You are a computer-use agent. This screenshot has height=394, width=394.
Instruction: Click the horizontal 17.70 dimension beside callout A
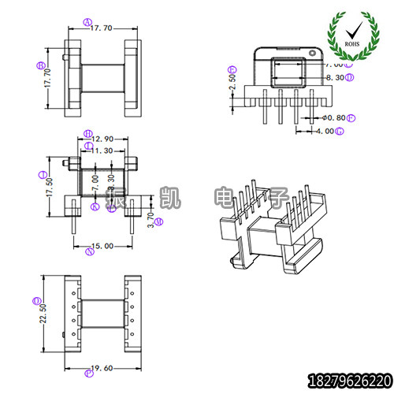tap(102, 28)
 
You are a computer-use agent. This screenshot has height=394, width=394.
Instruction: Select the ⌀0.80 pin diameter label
tap(334, 117)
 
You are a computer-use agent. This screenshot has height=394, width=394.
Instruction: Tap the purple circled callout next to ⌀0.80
tap(351, 117)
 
